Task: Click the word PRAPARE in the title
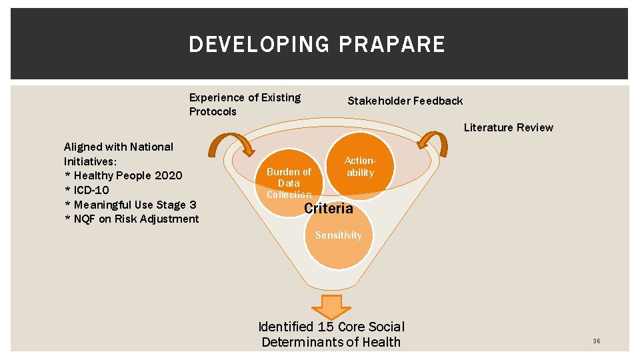391,45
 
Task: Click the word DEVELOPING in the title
260,45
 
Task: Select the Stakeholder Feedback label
405,101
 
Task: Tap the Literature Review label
508,127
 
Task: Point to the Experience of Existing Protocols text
245,105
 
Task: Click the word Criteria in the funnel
329,209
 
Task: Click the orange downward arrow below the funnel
331,306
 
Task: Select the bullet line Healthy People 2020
123,175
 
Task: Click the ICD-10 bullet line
87,190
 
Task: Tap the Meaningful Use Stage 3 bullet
130,205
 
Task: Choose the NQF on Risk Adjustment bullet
131,219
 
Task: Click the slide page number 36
596,341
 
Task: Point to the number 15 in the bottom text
325,327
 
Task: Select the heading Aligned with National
118,147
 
